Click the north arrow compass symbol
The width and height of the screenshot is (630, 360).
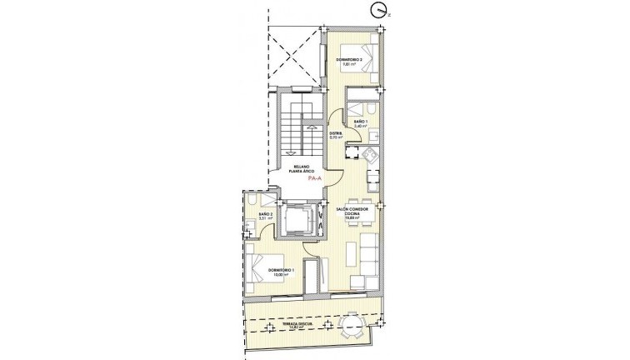[380, 11]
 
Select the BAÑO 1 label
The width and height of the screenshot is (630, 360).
[359, 124]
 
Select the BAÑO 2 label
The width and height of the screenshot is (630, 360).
[265, 217]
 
